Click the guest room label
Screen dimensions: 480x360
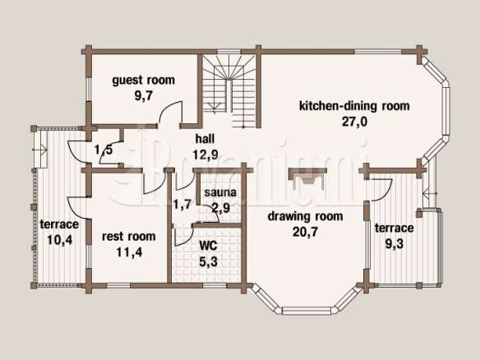143,81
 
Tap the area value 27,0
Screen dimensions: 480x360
354,122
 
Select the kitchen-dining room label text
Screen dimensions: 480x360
354,106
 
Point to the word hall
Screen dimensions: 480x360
205,139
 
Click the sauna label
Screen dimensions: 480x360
220,192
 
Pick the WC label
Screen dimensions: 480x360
208,245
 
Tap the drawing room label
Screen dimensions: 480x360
305,216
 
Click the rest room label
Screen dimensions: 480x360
128,237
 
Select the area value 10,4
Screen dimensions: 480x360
60,240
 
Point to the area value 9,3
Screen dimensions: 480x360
394,244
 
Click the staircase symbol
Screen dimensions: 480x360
229,91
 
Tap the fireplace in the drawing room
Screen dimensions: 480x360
307,178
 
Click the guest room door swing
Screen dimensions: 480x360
170,113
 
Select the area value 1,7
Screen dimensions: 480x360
182,204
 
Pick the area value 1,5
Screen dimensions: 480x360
104,150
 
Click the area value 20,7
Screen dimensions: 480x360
305,232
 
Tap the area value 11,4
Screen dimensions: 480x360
129,252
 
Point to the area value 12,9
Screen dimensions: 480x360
205,155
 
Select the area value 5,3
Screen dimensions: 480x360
208,261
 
